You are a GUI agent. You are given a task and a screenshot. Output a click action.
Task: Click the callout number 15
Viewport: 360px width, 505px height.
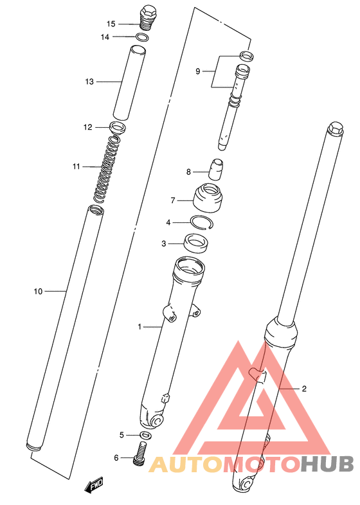tap(111, 24)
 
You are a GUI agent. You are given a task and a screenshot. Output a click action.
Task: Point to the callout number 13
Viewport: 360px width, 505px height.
tap(89, 82)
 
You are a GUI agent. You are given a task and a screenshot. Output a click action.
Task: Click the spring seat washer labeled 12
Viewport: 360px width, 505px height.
tap(118, 127)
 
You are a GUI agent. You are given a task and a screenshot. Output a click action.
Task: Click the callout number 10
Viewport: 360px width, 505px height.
tap(38, 292)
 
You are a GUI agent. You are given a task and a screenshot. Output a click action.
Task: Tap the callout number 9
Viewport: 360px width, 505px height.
tap(198, 71)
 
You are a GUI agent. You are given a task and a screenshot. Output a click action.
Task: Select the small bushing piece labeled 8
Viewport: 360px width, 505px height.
tap(216, 170)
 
